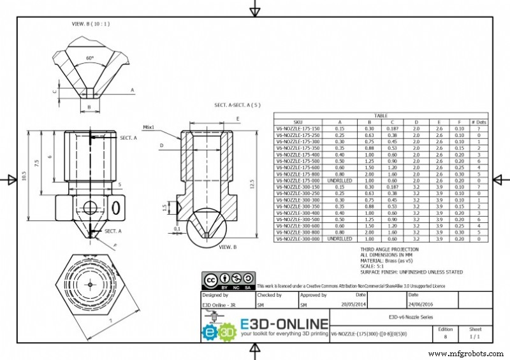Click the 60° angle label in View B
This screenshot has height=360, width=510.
(90, 58)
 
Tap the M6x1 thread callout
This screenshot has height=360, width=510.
(150, 127)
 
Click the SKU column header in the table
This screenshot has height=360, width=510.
(298, 122)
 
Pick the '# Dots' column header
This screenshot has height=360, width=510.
(478, 122)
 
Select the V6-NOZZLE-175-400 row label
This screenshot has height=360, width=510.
(298, 154)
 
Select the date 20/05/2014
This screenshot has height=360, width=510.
(353, 305)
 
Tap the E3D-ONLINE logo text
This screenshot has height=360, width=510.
(284, 324)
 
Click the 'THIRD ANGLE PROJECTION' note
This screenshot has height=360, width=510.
(390, 250)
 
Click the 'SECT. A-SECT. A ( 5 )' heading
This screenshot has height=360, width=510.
(237, 105)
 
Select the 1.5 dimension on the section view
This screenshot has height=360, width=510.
(164, 208)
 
